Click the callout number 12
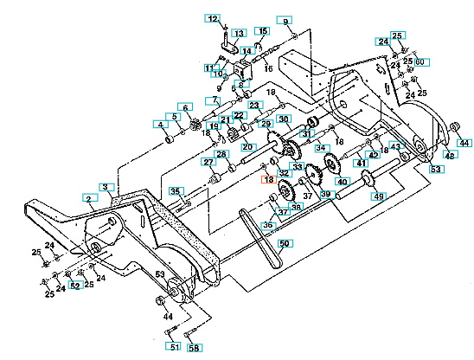point(214,18)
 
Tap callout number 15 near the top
point(262,32)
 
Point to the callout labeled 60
point(420,61)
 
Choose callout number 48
point(450,155)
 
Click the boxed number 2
point(88,199)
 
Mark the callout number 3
point(106,187)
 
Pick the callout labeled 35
point(176,190)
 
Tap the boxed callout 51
point(174,347)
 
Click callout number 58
point(193,347)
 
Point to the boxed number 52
point(75,285)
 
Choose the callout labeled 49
point(378,196)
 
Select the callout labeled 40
point(341,182)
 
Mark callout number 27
point(208,162)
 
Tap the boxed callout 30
point(284,119)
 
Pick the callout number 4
point(160,125)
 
